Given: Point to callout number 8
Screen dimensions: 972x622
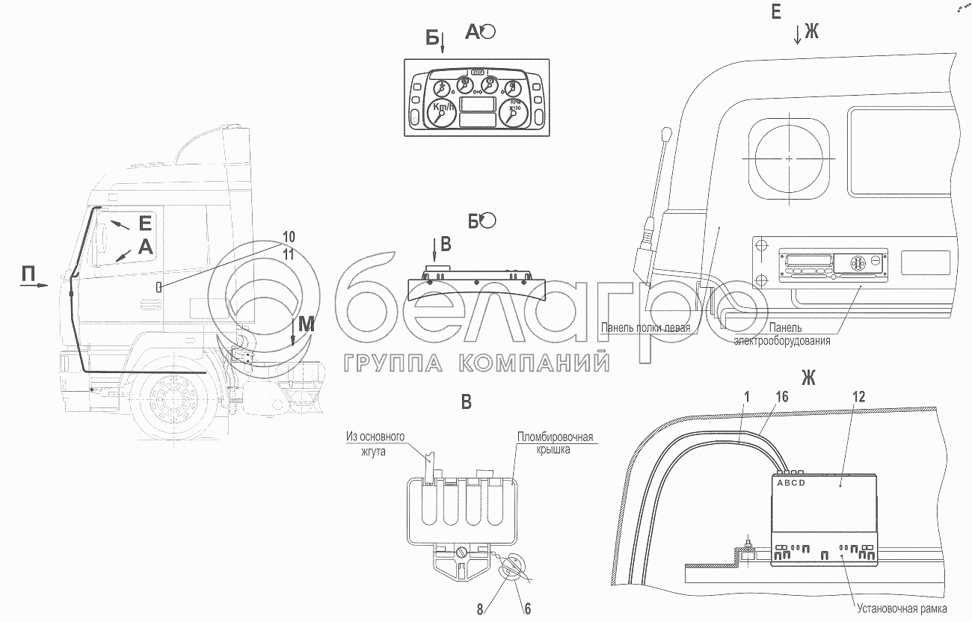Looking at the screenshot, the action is coord(479,609).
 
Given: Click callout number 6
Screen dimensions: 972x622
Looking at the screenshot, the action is coord(527,609).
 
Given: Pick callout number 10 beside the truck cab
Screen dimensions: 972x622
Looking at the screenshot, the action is coord(289,237).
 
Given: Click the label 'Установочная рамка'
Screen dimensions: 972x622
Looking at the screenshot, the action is coord(902,608).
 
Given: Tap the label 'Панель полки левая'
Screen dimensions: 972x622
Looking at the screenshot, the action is coord(648,327).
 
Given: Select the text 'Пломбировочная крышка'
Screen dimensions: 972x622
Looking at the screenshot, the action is coord(554,444).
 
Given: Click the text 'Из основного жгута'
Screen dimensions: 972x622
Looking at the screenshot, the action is coord(375,444).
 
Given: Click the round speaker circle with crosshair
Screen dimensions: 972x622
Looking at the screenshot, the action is coord(789,158).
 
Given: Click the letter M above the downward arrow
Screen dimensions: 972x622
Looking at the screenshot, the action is coord(307,324).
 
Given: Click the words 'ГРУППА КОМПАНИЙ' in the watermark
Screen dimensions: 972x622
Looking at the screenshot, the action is coord(476,363).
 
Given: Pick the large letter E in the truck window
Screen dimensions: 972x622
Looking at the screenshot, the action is coord(145,222).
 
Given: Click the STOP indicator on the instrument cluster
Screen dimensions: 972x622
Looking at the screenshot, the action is coord(478,73).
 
